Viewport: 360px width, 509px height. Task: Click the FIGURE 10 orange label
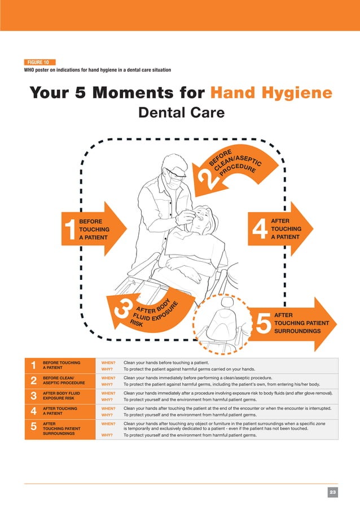point(39,62)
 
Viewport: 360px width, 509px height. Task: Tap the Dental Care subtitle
point(181,113)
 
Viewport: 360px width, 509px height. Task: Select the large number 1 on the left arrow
point(71,230)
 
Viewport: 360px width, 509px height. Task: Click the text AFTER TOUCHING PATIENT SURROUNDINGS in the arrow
point(305,323)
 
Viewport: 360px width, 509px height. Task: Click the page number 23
point(333,493)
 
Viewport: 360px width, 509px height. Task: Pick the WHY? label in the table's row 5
point(108,435)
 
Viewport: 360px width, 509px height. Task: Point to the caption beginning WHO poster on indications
point(97,70)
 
